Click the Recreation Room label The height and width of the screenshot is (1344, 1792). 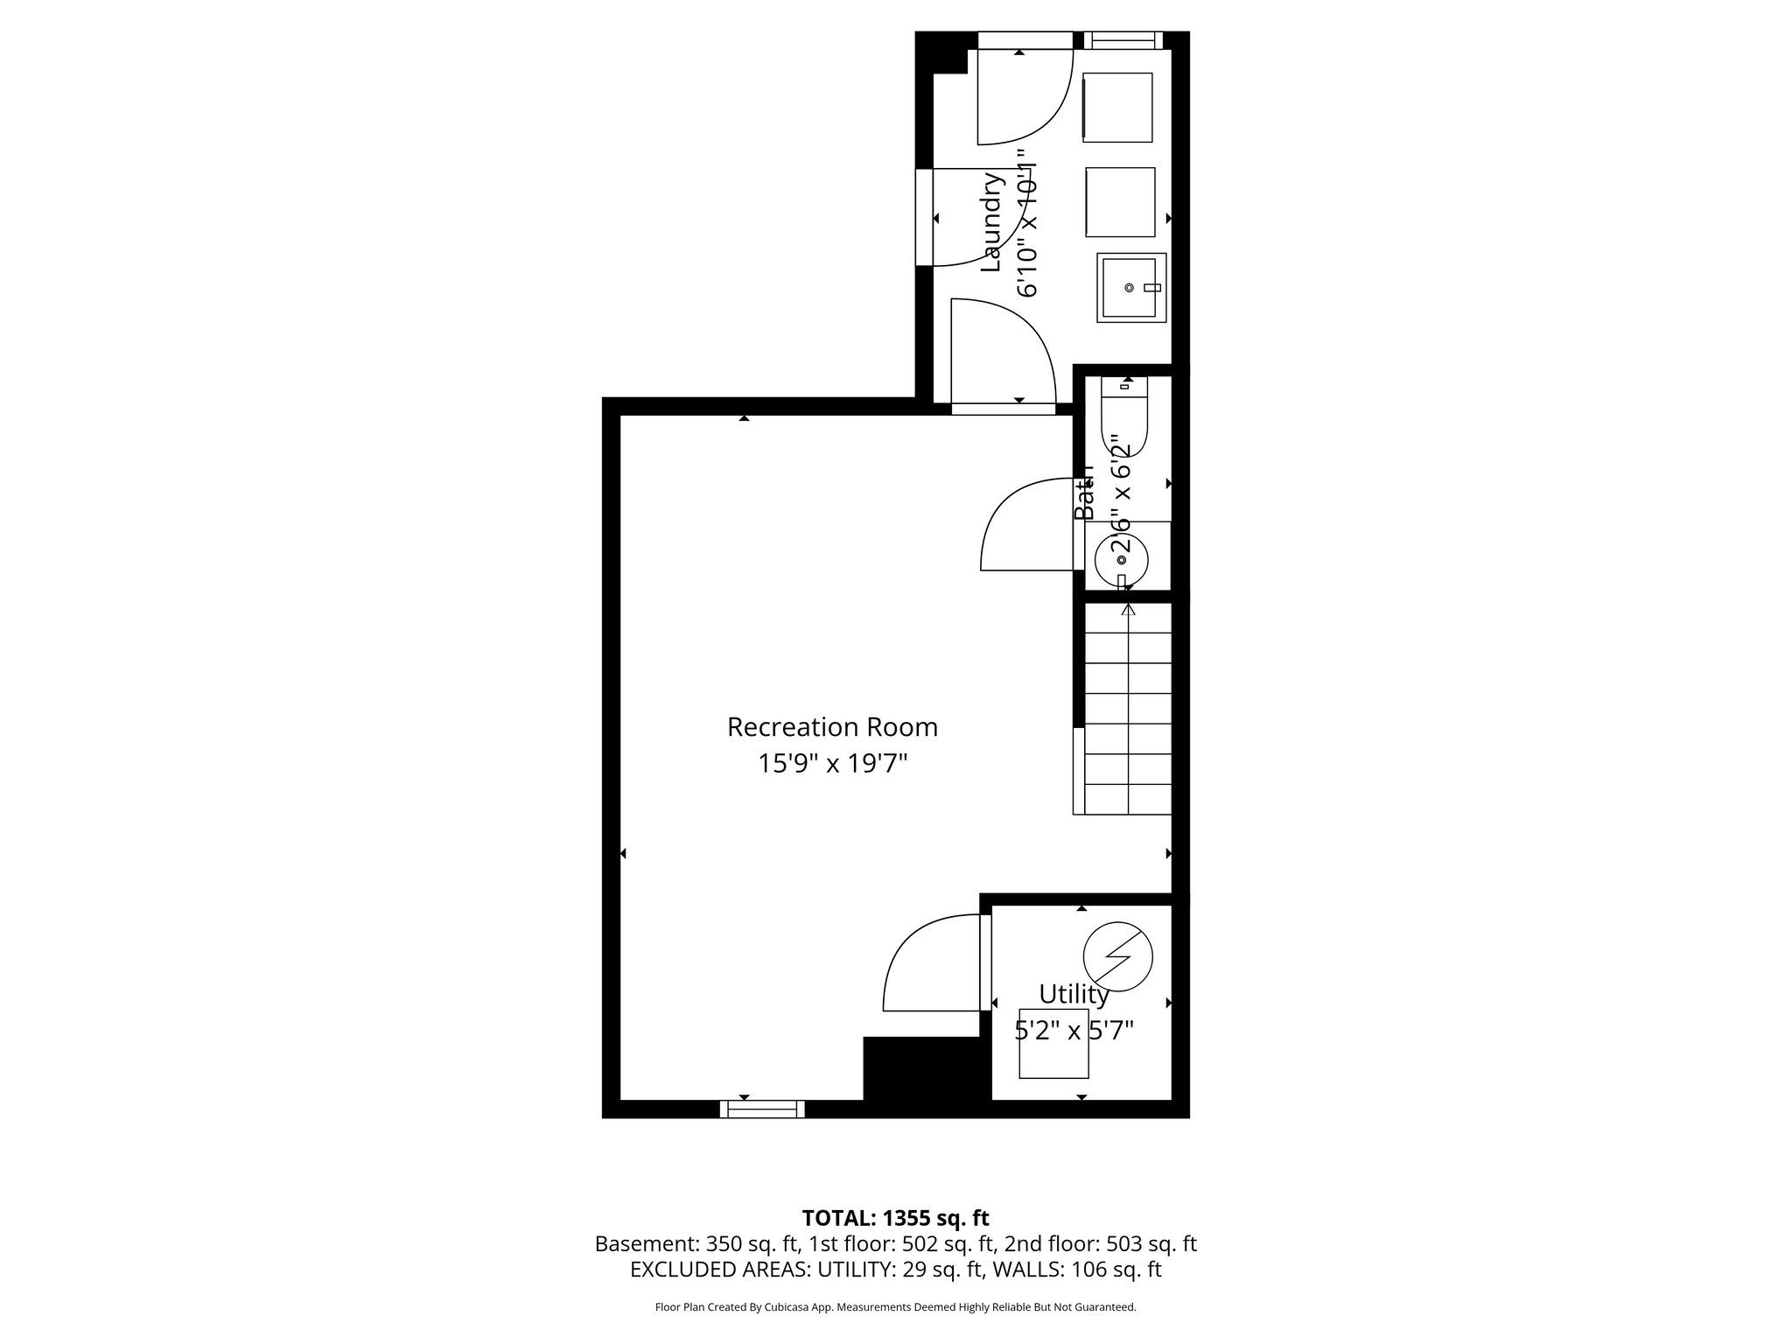(x=831, y=727)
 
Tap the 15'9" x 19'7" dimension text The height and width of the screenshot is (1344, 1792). (x=831, y=764)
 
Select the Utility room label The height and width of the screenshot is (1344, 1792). (x=1074, y=994)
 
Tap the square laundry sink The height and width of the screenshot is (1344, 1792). (x=1132, y=288)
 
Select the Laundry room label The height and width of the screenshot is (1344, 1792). (x=990, y=222)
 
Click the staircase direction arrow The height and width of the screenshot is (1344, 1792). (x=1128, y=610)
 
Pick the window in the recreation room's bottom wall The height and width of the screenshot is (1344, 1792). (x=762, y=1109)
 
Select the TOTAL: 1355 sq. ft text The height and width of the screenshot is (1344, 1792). (x=895, y=1218)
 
